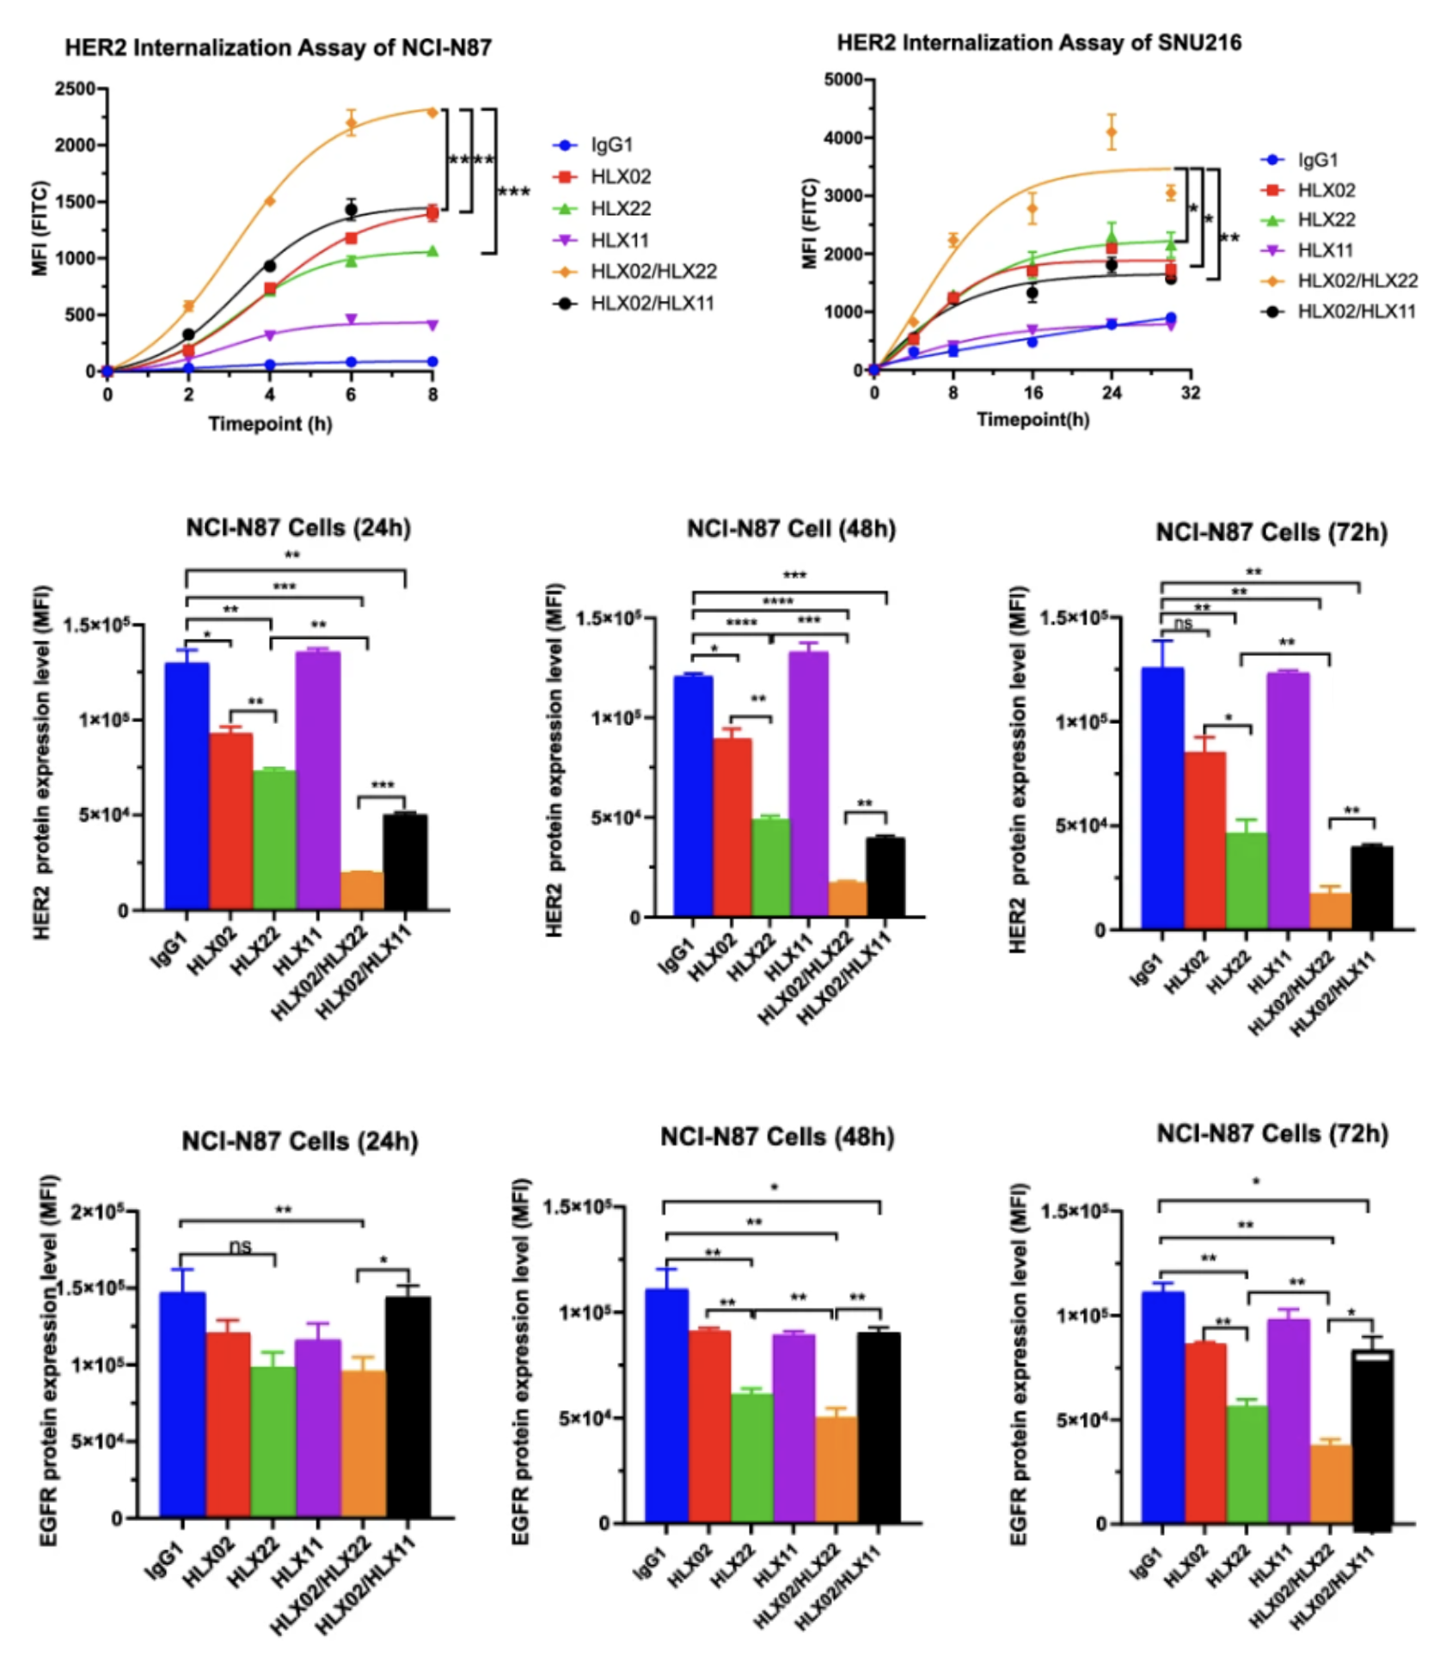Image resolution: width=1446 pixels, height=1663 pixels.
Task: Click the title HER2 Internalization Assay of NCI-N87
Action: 278,47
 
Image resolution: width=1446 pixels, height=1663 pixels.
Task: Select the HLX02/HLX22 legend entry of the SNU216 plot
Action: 1357,280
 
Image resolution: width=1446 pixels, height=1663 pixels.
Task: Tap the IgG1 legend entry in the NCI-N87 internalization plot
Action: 611,145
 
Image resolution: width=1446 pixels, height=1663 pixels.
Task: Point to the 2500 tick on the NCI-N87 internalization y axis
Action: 75,89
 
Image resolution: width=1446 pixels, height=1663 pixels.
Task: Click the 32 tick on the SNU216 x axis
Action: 1190,393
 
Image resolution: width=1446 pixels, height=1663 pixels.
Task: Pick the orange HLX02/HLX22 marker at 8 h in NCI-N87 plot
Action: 432,112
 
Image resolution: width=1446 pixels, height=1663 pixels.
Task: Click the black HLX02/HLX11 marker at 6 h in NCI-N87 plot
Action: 351,210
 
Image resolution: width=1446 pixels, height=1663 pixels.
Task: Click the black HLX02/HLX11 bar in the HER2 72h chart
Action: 1372,887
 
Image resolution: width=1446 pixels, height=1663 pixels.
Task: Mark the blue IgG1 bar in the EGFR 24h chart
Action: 183,1404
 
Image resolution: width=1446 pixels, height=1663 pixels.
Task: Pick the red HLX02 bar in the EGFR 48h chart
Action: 709,1427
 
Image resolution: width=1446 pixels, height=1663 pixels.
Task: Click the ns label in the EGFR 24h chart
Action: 241,1246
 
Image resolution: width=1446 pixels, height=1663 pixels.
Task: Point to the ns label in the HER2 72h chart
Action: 1183,623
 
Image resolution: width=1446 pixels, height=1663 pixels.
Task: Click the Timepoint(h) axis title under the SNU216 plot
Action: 1032,420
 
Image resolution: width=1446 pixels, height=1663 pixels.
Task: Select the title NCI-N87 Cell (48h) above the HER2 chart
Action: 791,529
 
